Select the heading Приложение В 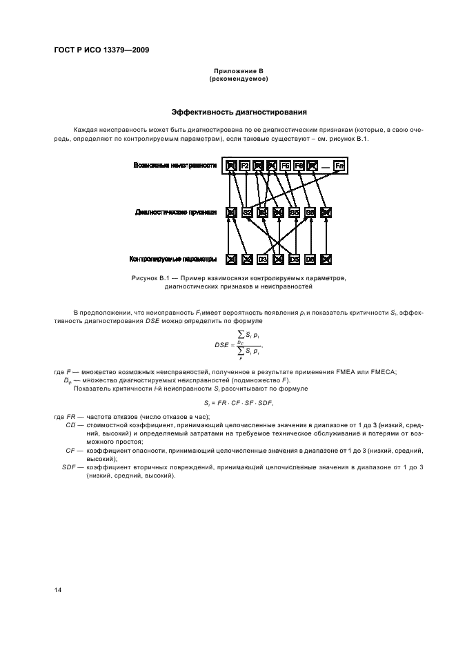coord(238,71)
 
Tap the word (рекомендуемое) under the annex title coord(238,79)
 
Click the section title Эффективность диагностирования coord(239,112)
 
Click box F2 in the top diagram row coord(245,166)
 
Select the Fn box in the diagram coord(339,166)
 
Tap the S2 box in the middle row coord(247,213)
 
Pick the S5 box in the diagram coord(295,213)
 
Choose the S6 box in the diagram coord(310,213)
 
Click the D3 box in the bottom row coord(263,260)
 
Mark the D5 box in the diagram coord(295,260)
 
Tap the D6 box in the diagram coord(310,260)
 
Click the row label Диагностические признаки coord(177,213)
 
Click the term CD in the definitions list coord(70,425)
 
